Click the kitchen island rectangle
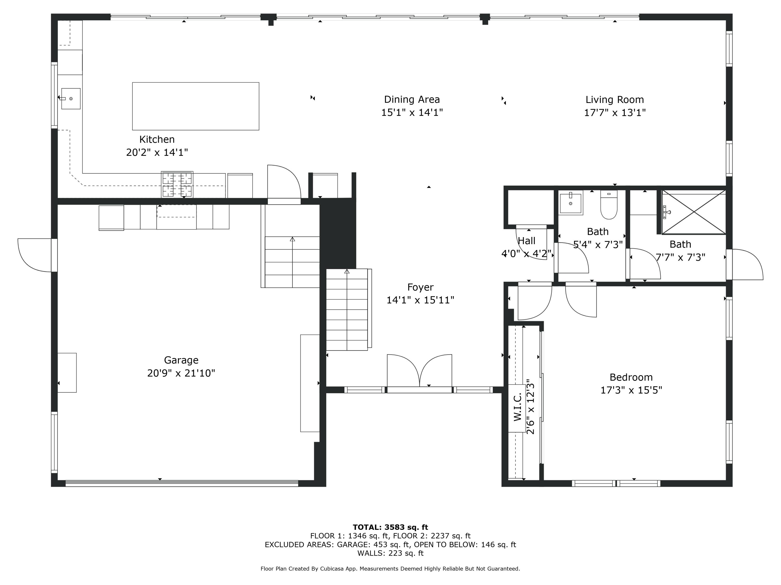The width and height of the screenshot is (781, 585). point(196,106)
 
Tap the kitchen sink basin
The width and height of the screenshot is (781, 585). point(71,99)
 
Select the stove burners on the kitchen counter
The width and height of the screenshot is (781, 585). point(177,184)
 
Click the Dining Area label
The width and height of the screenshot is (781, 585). point(412,99)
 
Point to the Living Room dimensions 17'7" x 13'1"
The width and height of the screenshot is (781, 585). point(615,113)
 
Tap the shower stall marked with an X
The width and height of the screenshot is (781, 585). point(694,212)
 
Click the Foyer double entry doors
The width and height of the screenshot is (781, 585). point(419,372)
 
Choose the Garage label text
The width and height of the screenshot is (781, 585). point(181,360)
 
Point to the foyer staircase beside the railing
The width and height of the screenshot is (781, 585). point(347,310)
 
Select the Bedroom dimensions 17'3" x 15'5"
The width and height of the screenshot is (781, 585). point(631,390)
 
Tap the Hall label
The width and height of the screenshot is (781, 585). point(526,241)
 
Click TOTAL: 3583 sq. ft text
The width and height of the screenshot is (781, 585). point(390,527)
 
